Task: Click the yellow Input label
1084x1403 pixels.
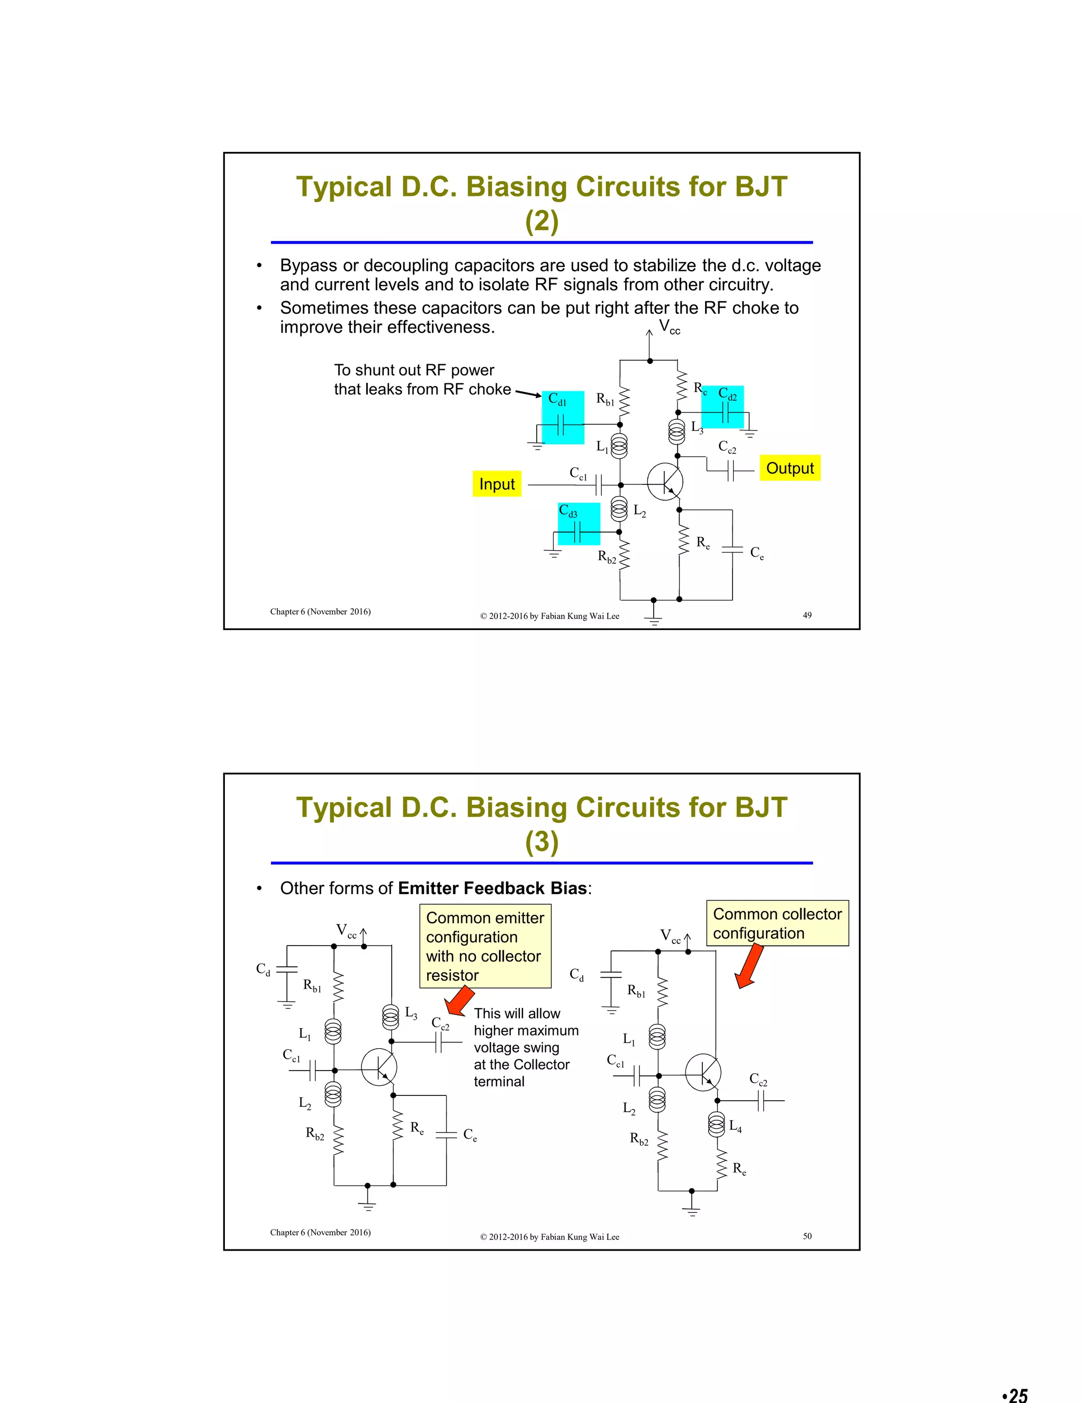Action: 496,484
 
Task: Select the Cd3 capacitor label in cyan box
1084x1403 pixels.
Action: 568,511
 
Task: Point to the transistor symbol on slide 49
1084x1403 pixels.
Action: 664,482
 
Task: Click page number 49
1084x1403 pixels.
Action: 807,615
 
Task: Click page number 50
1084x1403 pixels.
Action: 807,1235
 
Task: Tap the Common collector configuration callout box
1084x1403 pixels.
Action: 777,923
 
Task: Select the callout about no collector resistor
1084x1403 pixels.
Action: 485,946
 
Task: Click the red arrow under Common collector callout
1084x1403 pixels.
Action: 749,967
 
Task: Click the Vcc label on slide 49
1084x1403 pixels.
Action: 669,327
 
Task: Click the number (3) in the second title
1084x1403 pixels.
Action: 541,842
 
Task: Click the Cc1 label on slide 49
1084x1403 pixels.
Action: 578,473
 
